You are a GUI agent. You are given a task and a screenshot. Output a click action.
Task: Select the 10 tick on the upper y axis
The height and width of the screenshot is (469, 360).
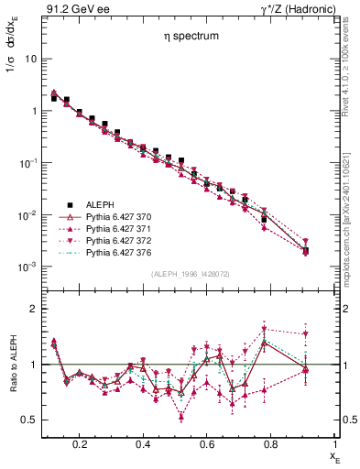point(28,59)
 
